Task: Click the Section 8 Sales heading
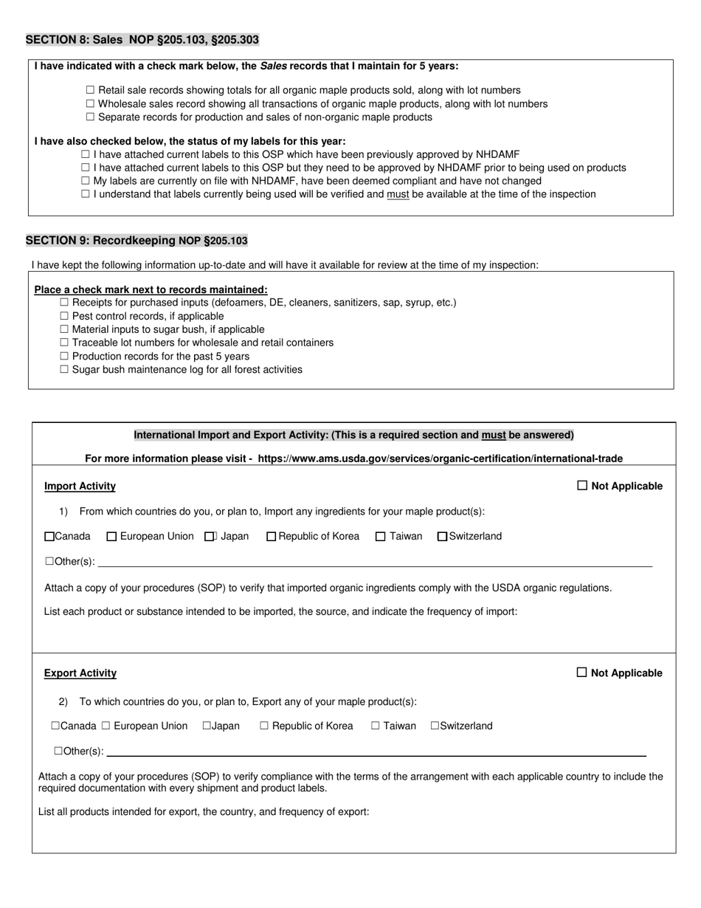pos(142,40)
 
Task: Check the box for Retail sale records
pos(91,90)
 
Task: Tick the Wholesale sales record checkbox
pos(91,104)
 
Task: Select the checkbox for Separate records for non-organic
pos(91,117)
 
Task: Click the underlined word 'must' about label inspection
pos(398,194)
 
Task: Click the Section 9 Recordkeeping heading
pos(137,241)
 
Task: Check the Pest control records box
pos(65,316)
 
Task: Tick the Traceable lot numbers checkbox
pos(65,343)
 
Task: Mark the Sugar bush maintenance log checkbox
pos(65,369)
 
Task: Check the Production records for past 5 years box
pos(65,356)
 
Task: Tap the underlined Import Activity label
pos(80,486)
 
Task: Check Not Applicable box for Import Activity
pos(582,486)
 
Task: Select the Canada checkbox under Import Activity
pos(49,537)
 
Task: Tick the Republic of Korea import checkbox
pos(271,537)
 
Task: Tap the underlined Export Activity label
pos(80,673)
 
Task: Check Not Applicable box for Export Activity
pos(581,673)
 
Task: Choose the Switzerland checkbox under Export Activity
pos(435,726)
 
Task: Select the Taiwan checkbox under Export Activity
pos(376,726)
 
